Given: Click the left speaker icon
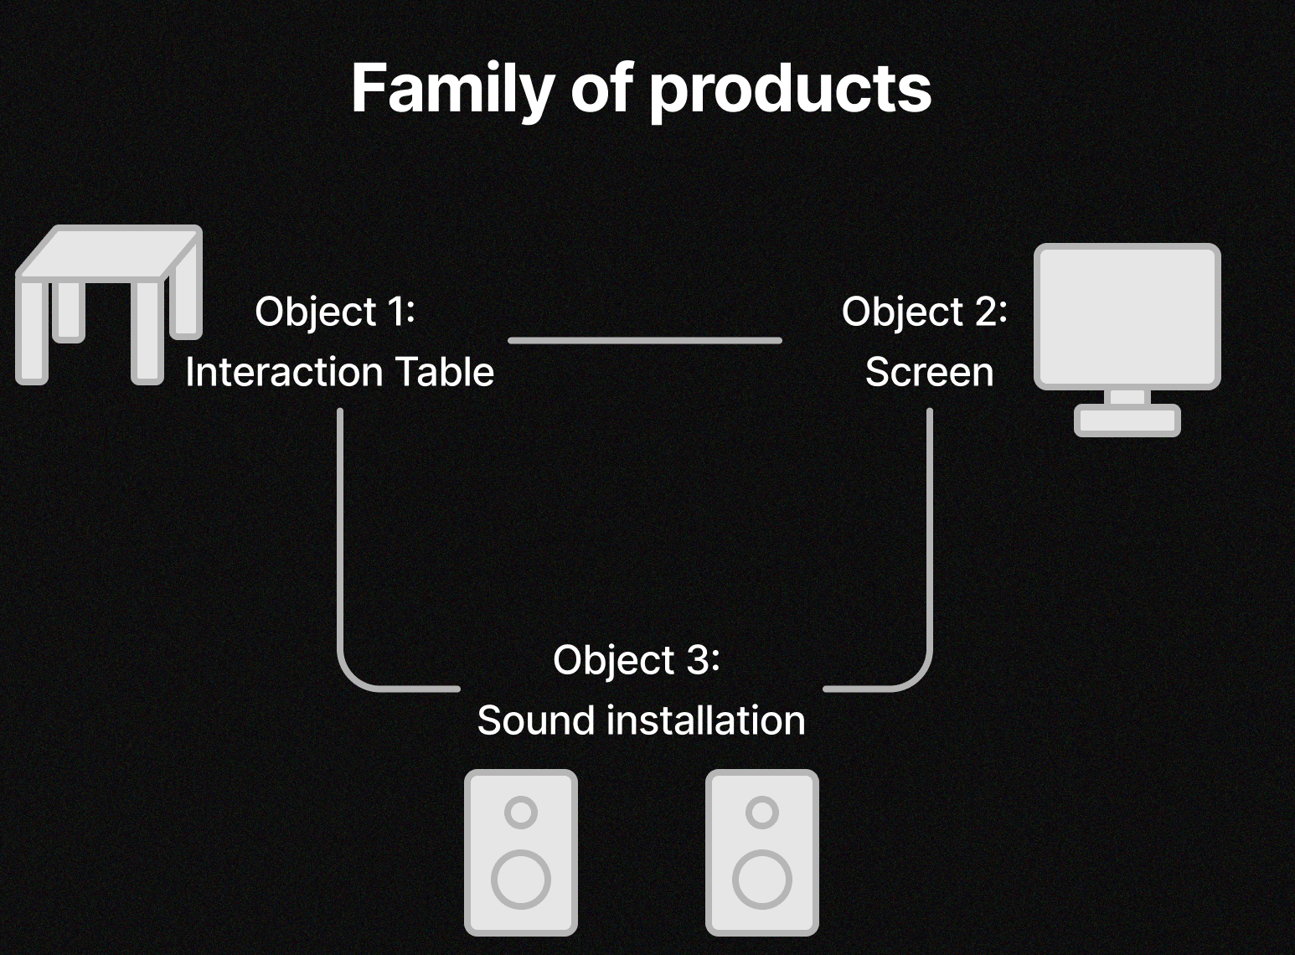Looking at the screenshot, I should tap(521, 852).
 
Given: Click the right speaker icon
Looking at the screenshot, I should tap(762, 852).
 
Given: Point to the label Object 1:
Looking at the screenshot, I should tap(335, 312).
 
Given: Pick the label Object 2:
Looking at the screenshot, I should tap(925, 312).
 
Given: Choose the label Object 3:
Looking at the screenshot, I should tap(637, 660).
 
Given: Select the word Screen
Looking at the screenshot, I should tap(929, 372).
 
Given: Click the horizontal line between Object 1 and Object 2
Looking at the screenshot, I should tap(645, 340).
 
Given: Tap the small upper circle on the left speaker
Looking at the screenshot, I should tap(521, 812).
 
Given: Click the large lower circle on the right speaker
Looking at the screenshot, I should tap(762, 880).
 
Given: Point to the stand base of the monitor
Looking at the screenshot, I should tap(1127, 420).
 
